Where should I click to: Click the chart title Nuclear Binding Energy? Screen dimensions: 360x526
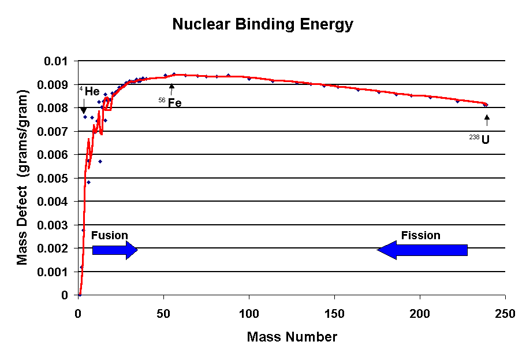(263, 25)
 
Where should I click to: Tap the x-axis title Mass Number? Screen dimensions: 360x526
(292, 336)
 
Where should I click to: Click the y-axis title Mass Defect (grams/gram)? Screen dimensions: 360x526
(23, 177)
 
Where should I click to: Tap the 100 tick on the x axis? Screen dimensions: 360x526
(249, 314)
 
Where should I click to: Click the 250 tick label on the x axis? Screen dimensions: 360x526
(505, 314)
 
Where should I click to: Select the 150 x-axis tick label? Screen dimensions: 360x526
(334, 314)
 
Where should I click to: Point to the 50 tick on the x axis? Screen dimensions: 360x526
(163, 314)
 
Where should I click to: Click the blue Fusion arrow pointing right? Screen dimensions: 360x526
(115, 250)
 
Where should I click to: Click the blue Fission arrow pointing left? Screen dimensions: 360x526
(422, 250)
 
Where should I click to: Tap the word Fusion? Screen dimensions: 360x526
(109, 236)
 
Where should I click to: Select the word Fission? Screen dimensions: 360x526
(421, 235)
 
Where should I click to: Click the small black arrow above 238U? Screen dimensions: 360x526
(487, 120)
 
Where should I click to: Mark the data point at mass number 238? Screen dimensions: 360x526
(486, 105)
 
